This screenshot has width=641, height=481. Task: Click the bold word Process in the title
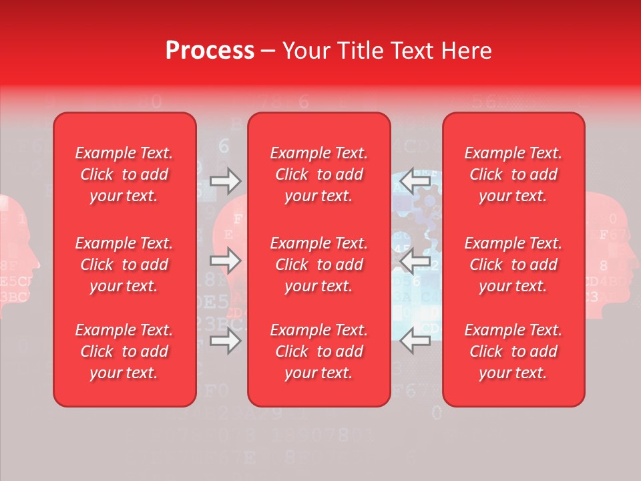(210, 51)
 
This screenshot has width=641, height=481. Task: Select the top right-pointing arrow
(225, 180)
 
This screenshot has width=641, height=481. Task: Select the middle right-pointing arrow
(225, 261)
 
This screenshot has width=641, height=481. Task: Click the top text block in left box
(124, 174)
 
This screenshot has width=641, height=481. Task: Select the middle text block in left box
(124, 265)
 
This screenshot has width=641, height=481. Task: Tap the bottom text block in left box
(124, 351)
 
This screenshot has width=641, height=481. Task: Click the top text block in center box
(318, 174)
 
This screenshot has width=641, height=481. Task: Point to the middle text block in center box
(318, 265)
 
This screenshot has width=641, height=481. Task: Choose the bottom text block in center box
(318, 351)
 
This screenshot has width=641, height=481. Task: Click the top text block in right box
(513, 174)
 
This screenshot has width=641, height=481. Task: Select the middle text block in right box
(513, 265)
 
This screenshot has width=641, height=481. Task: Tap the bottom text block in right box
(513, 351)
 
